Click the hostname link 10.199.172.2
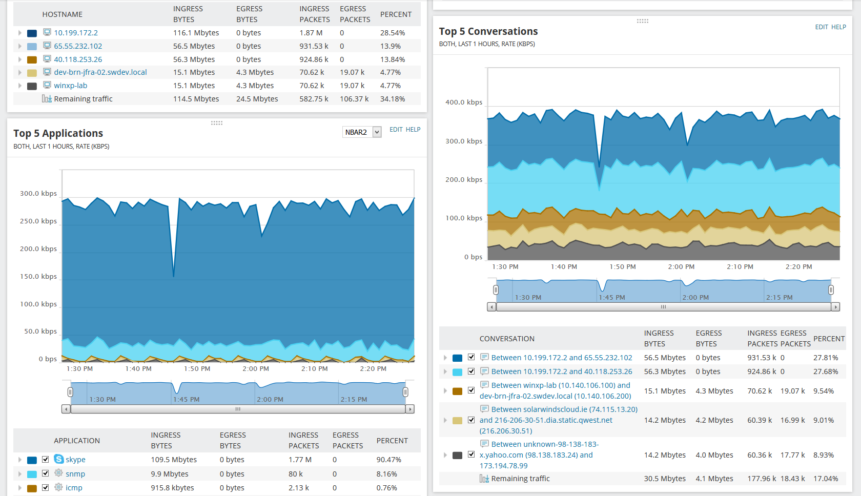pyautogui.click(x=76, y=33)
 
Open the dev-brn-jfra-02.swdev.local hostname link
pyautogui.click(x=100, y=72)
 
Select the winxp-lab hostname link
pyautogui.click(x=71, y=86)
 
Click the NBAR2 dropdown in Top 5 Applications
pyautogui.click(x=362, y=132)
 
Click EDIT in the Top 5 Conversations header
pyautogui.click(x=822, y=27)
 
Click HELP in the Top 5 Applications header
pyautogui.click(x=413, y=130)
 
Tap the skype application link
pyautogui.click(x=75, y=460)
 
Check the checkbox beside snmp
pyautogui.click(x=46, y=473)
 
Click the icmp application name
pyautogui.click(x=74, y=488)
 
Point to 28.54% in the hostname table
pyautogui.click(x=393, y=33)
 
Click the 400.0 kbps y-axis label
pyautogui.click(x=464, y=102)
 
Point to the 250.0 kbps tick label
pyautogui.click(x=38, y=221)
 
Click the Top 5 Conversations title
pyautogui.click(x=488, y=32)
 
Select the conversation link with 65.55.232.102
pyautogui.click(x=562, y=358)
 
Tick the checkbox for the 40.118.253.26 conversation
pyautogui.click(x=471, y=371)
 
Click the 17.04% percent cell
pyautogui.click(x=826, y=479)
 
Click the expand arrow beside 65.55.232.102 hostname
pyautogui.click(x=20, y=46)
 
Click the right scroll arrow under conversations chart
pyautogui.click(x=835, y=307)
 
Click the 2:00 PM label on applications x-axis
pyautogui.click(x=256, y=369)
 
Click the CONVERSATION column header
pyautogui.click(x=507, y=339)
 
